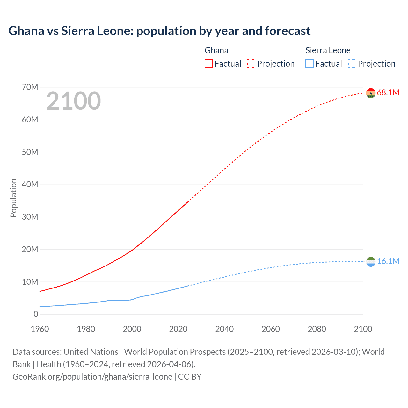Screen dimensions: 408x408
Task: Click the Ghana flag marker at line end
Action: tap(371, 93)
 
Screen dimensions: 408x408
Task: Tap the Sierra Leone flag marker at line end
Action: tap(371, 262)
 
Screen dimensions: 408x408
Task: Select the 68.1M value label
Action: tap(388, 92)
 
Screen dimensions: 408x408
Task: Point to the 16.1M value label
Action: tap(388, 261)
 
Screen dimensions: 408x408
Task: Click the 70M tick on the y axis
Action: tap(30, 87)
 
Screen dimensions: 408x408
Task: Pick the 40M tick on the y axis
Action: tap(30, 184)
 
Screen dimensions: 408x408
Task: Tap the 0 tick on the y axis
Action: tap(36, 314)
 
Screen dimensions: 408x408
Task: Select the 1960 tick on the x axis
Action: tap(40, 329)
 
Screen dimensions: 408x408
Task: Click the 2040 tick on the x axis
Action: tap(224, 329)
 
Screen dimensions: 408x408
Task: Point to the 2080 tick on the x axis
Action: tap(317, 329)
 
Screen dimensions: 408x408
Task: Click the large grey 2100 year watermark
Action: tap(74, 101)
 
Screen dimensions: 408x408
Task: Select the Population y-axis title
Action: tap(13, 198)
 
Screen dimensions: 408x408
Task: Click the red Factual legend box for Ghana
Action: tap(208, 63)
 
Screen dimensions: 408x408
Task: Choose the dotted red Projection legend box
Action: tap(251, 63)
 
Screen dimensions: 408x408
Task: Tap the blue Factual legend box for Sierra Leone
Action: tap(309, 63)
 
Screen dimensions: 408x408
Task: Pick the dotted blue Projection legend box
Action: tap(352, 63)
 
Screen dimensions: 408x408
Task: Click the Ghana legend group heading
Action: tap(216, 50)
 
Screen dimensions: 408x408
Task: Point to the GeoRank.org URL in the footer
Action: tap(92, 377)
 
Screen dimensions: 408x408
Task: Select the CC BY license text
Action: tap(190, 377)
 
